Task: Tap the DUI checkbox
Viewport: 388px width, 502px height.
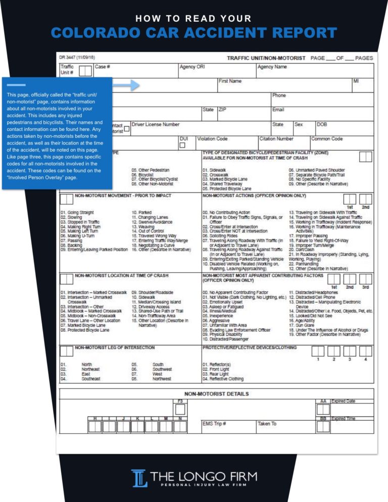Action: click(182, 145)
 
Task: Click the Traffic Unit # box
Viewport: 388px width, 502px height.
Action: click(85, 71)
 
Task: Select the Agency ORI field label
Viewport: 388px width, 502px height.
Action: click(192, 67)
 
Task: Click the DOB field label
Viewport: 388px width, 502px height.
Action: click(322, 124)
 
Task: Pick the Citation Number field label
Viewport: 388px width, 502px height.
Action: click(276, 138)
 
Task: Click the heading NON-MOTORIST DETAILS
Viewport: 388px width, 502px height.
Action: click(216, 394)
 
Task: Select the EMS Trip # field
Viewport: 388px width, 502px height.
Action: click(214, 424)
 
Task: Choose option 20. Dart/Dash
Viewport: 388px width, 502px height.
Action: click(300, 249)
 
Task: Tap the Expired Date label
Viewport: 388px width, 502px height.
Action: click(344, 401)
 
